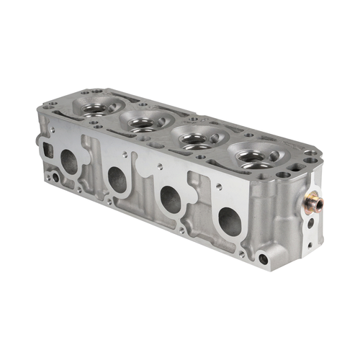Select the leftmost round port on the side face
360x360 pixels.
(x=71, y=163)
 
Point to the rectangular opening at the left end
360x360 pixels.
(x=50, y=150)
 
